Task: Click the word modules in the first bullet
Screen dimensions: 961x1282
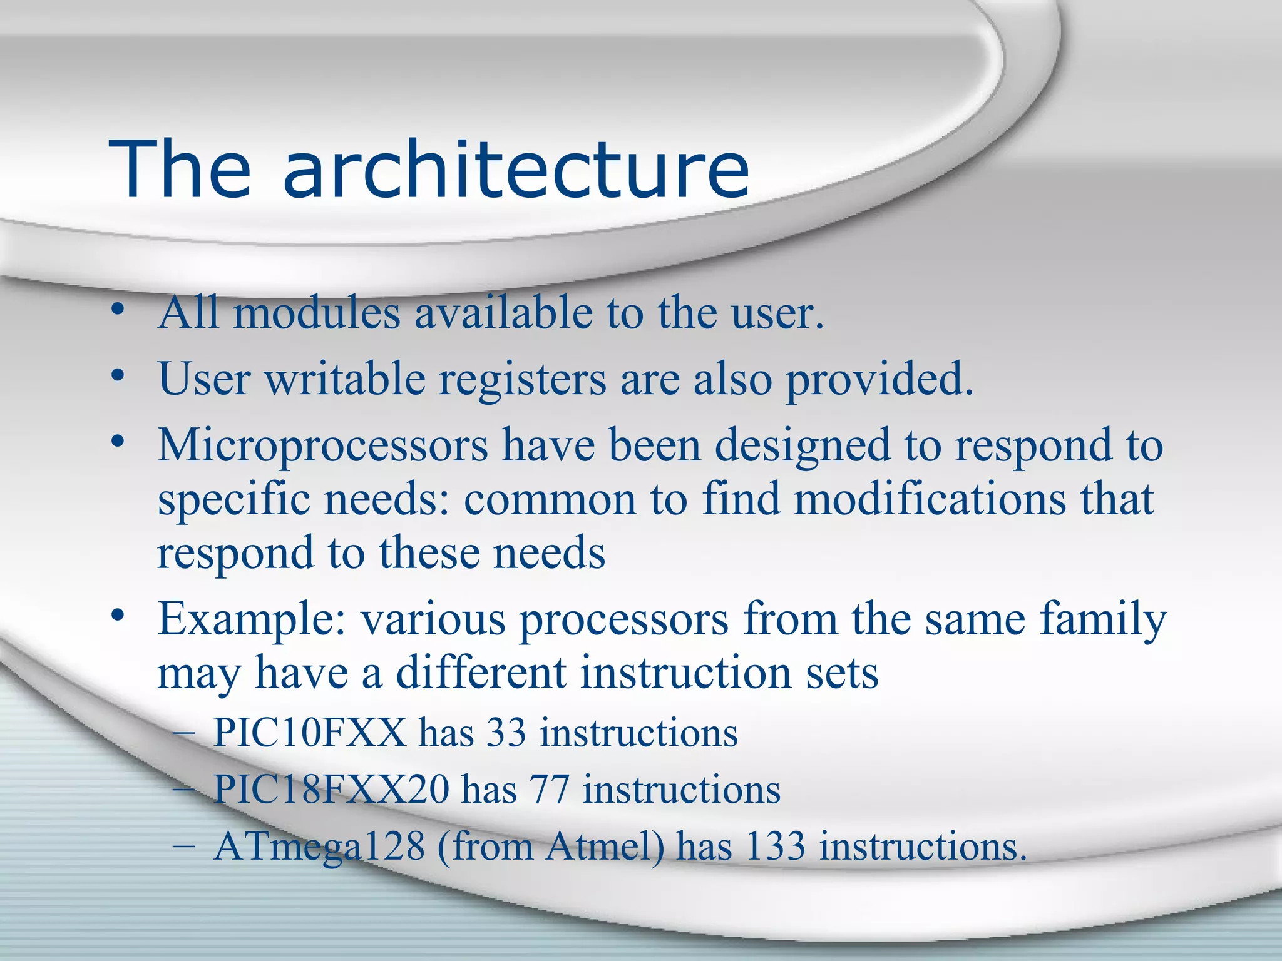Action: pos(317,313)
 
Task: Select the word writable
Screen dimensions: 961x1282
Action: pos(345,379)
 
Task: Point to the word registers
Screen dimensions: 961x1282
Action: pos(522,380)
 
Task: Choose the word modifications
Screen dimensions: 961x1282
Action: pos(930,500)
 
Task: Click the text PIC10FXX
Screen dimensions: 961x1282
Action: pos(310,733)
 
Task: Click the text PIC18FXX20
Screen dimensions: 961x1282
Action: pos(331,790)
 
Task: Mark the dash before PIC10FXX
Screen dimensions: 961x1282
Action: pos(183,734)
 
